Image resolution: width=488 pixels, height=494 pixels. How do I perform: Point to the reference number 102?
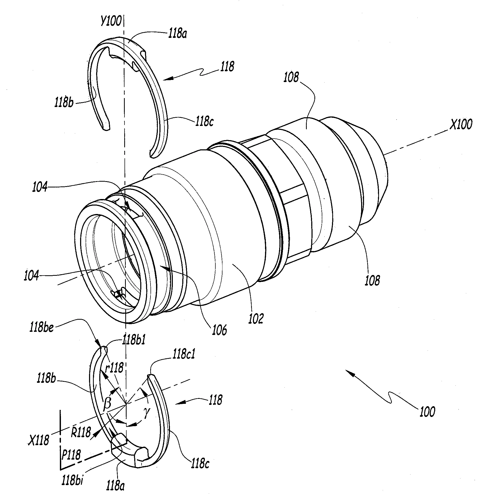click(x=256, y=319)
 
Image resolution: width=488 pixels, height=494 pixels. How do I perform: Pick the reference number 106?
click(x=220, y=330)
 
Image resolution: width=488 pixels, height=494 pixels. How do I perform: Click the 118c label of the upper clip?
click(x=204, y=122)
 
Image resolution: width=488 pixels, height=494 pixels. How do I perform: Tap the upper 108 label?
click(x=291, y=78)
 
